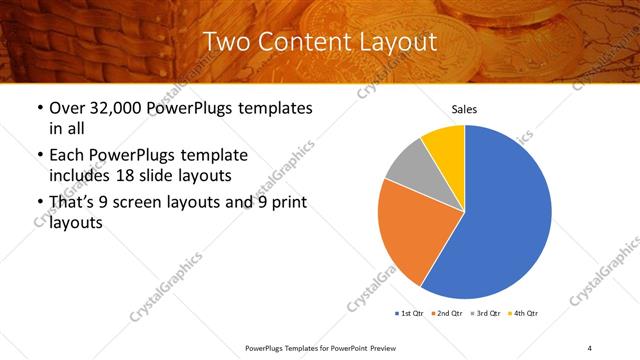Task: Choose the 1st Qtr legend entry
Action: (410, 314)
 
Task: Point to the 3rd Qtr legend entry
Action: (487, 314)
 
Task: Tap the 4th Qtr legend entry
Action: (525, 314)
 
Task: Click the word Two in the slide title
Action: (226, 42)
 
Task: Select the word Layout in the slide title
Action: (396, 42)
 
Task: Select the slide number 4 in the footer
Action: (589, 347)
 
